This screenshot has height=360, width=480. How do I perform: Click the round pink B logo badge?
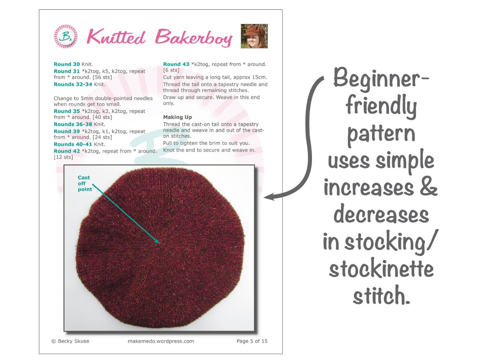tap(66, 37)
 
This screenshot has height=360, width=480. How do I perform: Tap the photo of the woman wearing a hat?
tap(254, 36)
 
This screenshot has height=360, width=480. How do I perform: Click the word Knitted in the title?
tap(116, 37)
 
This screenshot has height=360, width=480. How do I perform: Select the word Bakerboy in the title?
tap(193, 38)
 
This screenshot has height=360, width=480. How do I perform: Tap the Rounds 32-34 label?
tap(73, 84)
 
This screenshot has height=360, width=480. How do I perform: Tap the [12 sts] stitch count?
tap(63, 157)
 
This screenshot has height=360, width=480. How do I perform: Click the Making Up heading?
tap(178, 117)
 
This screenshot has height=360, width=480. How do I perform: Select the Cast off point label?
tap(84, 184)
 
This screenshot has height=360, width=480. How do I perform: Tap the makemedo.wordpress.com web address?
tap(161, 341)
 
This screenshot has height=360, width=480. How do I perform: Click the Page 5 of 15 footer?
tap(252, 341)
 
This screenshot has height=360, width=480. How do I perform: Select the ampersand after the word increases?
tap(428, 188)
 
